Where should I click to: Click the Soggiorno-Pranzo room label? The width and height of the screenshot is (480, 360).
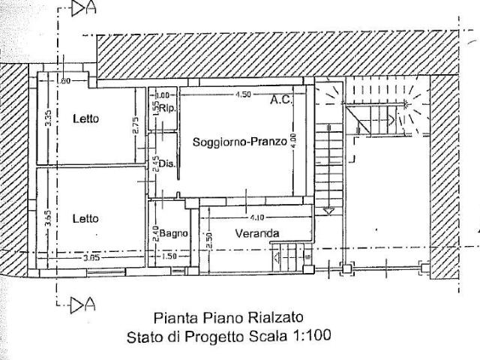(x=239, y=142)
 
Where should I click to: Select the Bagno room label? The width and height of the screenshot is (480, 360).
(x=173, y=233)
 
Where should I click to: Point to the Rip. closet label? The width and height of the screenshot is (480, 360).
(x=166, y=108)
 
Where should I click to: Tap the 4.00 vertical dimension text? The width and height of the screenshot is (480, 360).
(x=295, y=140)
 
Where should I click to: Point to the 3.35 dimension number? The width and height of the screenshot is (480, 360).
(x=47, y=118)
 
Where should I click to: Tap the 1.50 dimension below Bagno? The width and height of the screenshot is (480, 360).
(x=169, y=257)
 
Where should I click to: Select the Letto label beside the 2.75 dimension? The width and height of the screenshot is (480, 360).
(x=86, y=118)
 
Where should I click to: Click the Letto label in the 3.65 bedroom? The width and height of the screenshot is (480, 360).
(x=85, y=218)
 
